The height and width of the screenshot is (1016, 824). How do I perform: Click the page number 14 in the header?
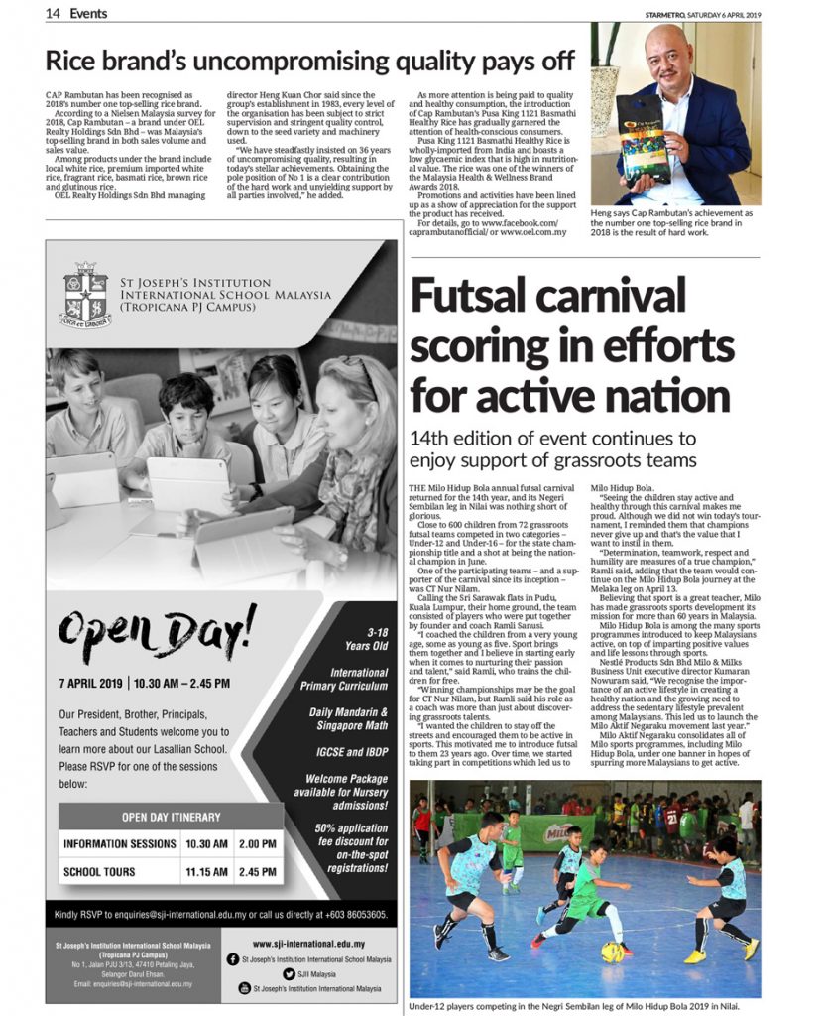coord(53,14)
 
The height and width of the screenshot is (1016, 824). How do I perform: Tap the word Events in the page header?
coord(89,14)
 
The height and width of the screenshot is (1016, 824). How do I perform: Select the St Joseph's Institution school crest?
coord(83,295)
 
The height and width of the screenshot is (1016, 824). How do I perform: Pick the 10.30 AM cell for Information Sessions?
coord(206,843)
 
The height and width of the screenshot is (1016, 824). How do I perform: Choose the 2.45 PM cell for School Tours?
coord(257,872)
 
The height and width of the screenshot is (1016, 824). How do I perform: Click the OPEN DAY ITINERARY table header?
coord(170,817)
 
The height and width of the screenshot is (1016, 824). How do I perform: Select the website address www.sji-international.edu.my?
coord(308,944)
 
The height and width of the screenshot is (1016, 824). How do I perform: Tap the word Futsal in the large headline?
coord(477,299)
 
